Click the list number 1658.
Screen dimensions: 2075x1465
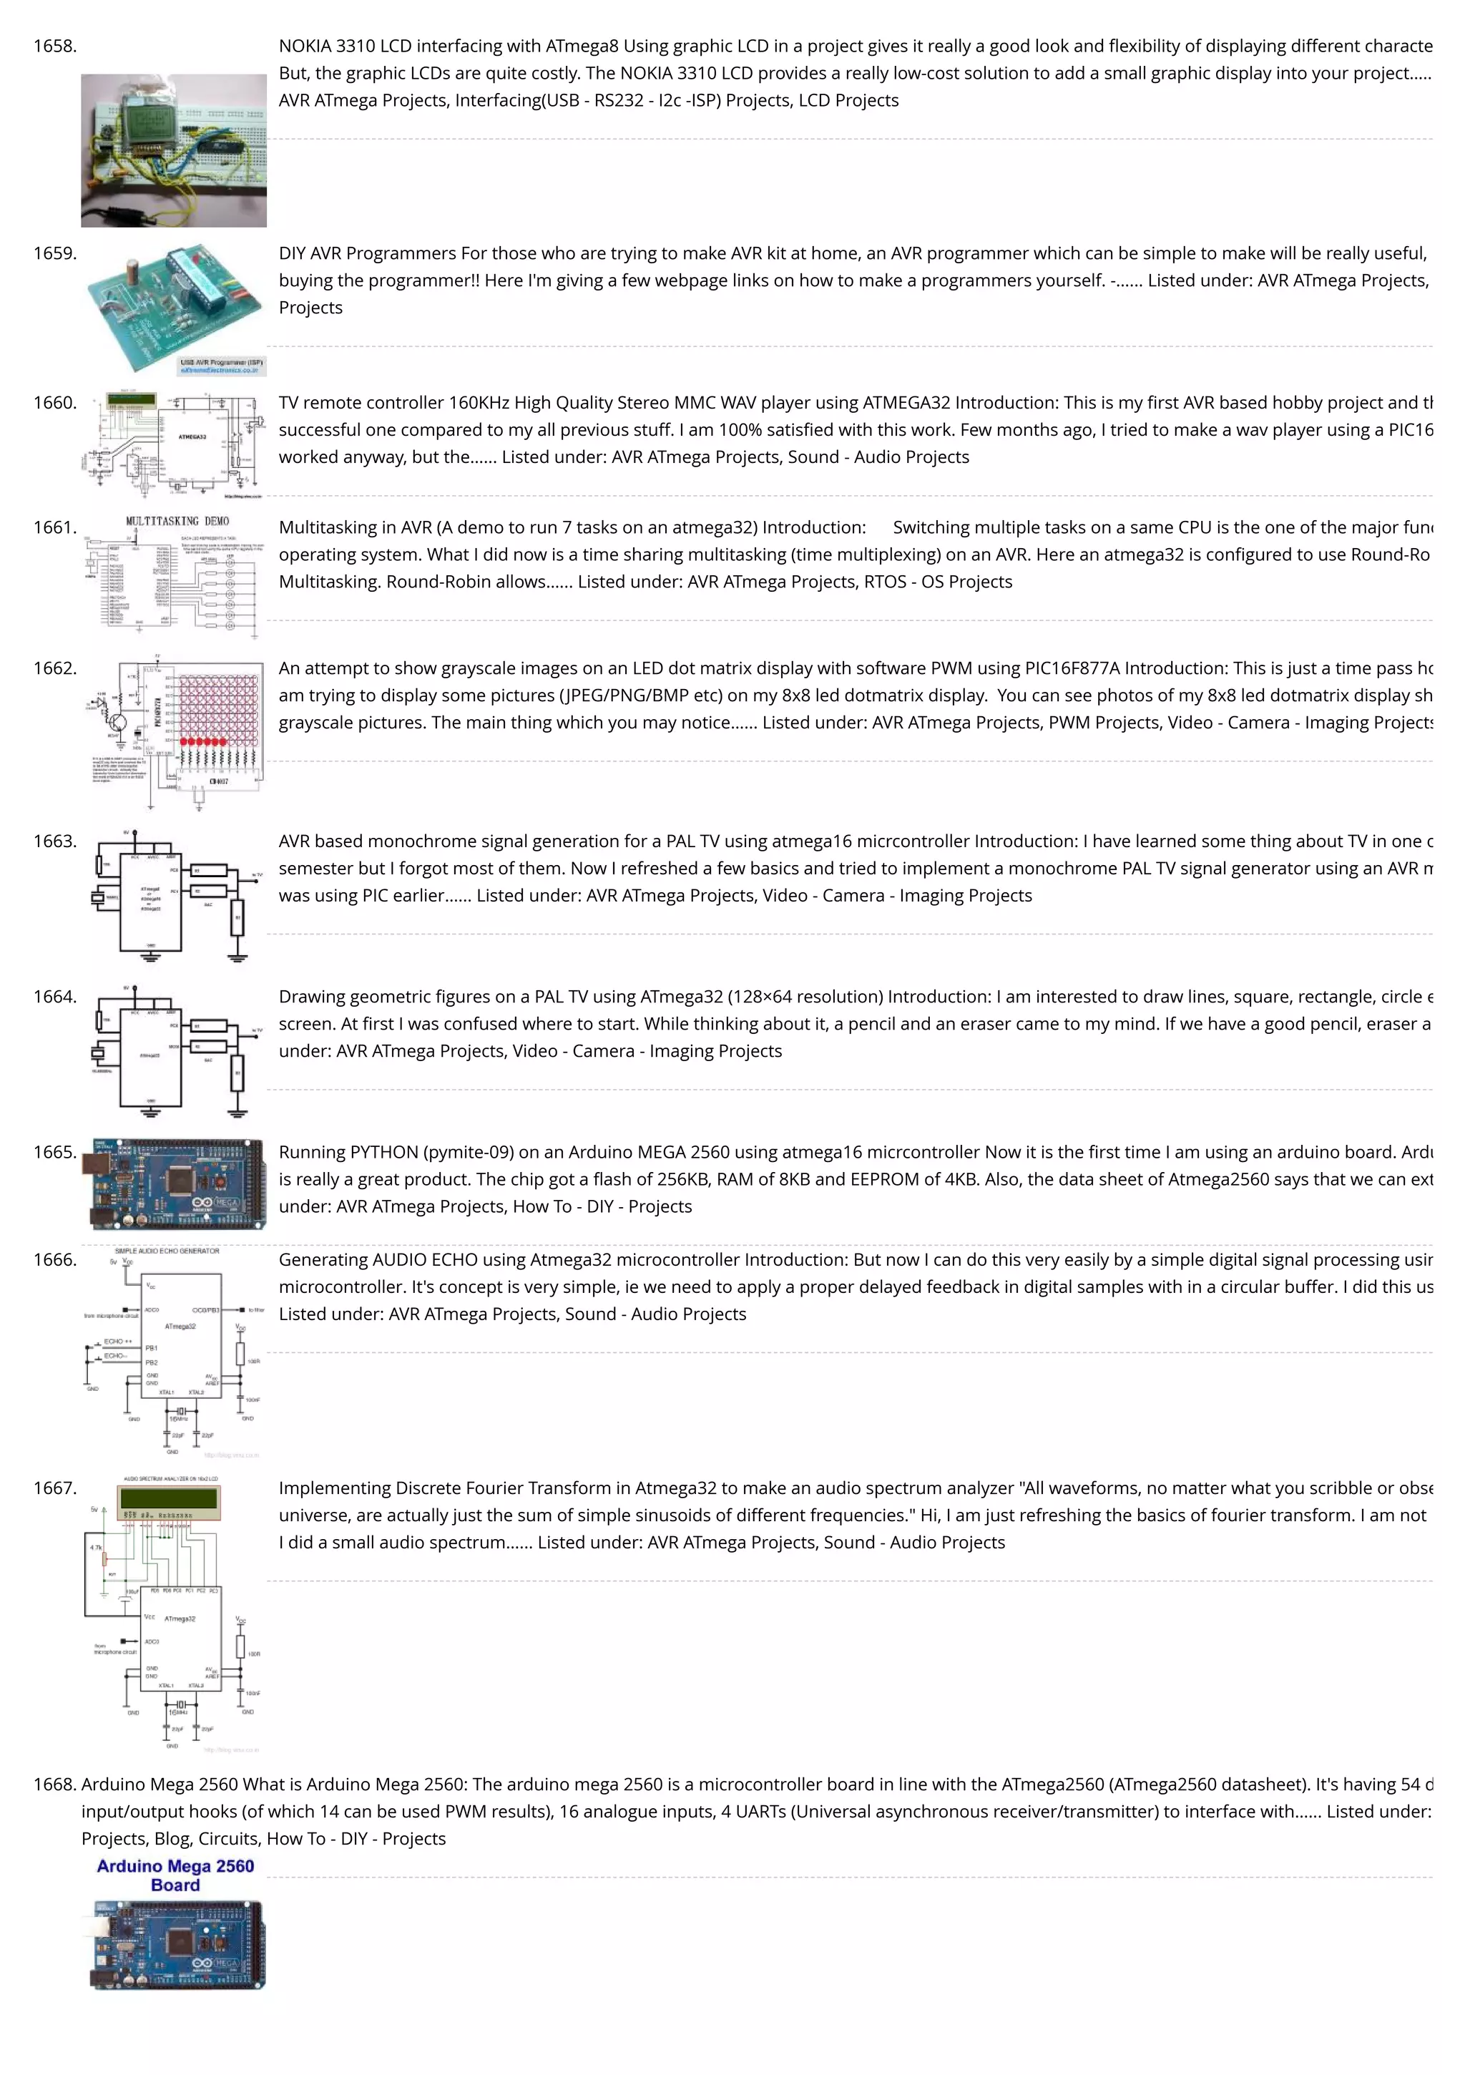pyautogui.click(x=54, y=46)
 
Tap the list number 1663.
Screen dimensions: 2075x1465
pyautogui.click(x=54, y=841)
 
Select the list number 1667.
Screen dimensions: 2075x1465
pyautogui.click(x=54, y=1488)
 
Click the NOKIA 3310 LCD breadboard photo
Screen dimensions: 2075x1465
pyautogui.click(x=174, y=150)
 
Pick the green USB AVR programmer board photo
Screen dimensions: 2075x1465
pyautogui.click(x=174, y=307)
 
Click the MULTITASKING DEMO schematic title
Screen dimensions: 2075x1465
pyautogui.click(x=177, y=522)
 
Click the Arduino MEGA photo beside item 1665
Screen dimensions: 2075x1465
pyautogui.click(x=177, y=1184)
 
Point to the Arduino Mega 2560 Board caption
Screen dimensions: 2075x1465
pyautogui.click(x=175, y=1875)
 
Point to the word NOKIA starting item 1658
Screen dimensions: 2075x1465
pyautogui.click(x=305, y=46)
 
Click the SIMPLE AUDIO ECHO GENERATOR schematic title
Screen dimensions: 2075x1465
pyautogui.click(x=167, y=1251)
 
